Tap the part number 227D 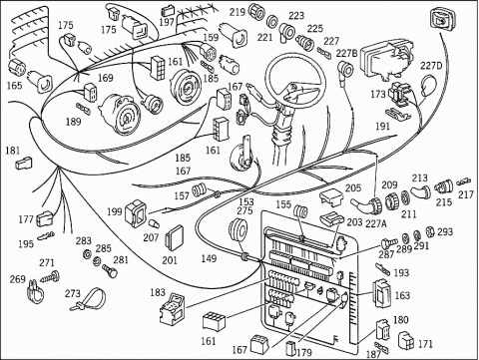point(431,66)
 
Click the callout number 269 point(17,279)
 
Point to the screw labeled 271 point(51,276)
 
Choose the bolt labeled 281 point(110,270)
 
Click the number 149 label point(209,258)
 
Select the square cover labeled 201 point(174,236)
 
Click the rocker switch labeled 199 point(136,213)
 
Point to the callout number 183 point(158,292)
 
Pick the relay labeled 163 point(382,293)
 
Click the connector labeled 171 point(406,341)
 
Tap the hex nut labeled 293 point(430,231)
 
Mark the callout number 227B point(346,53)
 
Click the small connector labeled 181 point(24,164)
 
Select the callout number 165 point(14,86)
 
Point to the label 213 point(420,178)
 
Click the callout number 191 point(382,127)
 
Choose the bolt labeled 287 point(389,243)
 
